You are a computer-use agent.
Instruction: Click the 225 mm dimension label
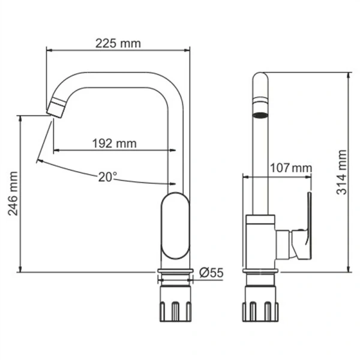[118, 43]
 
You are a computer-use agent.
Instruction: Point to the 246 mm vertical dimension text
[13, 194]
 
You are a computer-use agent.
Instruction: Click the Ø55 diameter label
[211, 272]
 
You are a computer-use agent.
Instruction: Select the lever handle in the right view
[308, 228]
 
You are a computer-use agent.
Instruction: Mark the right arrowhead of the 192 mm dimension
[173, 150]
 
